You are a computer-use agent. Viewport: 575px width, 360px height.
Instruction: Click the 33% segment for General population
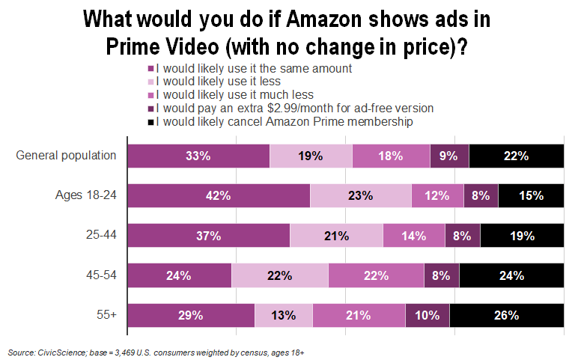pyautogui.click(x=198, y=156)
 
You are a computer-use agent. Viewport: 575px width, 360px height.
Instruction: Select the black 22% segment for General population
pyautogui.click(x=516, y=156)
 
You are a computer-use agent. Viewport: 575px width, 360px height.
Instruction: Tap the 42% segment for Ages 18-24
pyautogui.click(x=219, y=196)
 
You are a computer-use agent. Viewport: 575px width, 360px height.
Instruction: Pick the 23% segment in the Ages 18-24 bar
pyautogui.click(x=360, y=196)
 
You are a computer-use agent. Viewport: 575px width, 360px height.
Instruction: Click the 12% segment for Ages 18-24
pyautogui.click(x=437, y=196)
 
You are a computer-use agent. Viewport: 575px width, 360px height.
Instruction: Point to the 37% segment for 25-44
pyautogui.click(x=208, y=236)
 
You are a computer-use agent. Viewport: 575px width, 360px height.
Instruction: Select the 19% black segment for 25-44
pyautogui.click(x=522, y=236)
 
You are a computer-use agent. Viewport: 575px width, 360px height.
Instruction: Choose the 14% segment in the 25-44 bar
pyautogui.click(x=414, y=236)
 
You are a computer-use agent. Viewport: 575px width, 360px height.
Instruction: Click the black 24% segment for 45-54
pyautogui.click(x=511, y=275)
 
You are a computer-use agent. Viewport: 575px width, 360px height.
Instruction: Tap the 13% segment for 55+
pyautogui.click(x=284, y=315)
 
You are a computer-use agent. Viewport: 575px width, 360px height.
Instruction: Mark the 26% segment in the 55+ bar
pyautogui.click(x=507, y=315)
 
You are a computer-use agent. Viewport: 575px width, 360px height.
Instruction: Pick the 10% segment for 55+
pyautogui.click(x=428, y=315)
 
